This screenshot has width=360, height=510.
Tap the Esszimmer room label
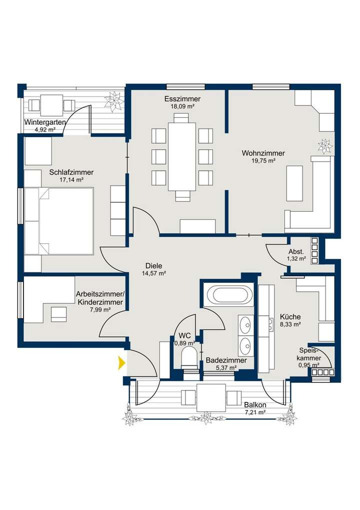coord(182,99)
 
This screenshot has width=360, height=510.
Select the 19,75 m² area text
coord(263,161)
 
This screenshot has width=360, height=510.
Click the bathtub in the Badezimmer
coord(230,295)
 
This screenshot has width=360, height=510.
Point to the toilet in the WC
coord(189,360)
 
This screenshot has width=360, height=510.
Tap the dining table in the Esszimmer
coord(182,157)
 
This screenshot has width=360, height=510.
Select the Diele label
coord(153,266)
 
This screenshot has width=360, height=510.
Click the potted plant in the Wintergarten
coord(114,101)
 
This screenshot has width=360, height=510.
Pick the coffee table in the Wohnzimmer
coord(294,184)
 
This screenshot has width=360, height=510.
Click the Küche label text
coord(290,317)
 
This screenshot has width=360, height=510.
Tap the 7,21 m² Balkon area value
coord(255,412)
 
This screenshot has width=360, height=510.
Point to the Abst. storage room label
coord(296,252)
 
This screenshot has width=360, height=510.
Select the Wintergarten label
coord(45,123)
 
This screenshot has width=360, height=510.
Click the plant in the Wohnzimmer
coord(325,145)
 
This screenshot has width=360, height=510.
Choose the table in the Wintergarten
coord(51,105)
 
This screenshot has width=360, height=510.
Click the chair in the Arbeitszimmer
coord(59,314)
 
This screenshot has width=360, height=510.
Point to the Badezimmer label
coord(226,360)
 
